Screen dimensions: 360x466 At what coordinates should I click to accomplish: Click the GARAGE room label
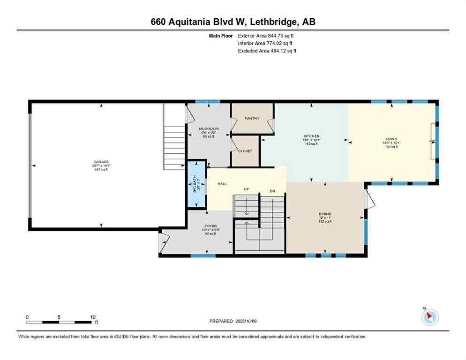click(101, 162)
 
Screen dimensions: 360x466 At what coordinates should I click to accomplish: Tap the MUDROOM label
click(209, 129)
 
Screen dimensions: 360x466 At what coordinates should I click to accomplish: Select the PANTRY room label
click(252, 119)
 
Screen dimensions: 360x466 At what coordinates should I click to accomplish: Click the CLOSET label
click(245, 151)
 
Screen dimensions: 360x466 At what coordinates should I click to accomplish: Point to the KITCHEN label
click(311, 136)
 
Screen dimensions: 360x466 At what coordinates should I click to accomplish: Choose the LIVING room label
click(391, 139)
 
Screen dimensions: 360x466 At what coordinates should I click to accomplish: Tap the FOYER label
click(210, 225)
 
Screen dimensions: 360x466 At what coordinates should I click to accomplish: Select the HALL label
click(222, 184)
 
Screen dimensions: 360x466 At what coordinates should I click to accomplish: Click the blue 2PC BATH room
click(196, 184)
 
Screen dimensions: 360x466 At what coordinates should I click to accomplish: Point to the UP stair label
click(246, 189)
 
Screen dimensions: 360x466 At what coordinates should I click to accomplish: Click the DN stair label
click(272, 191)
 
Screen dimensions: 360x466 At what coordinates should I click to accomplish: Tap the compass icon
click(429, 317)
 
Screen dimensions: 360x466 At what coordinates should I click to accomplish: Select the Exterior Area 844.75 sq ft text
click(266, 36)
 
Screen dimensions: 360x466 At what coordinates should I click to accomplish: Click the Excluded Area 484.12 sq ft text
click(267, 51)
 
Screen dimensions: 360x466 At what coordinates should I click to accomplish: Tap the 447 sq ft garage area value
click(101, 169)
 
